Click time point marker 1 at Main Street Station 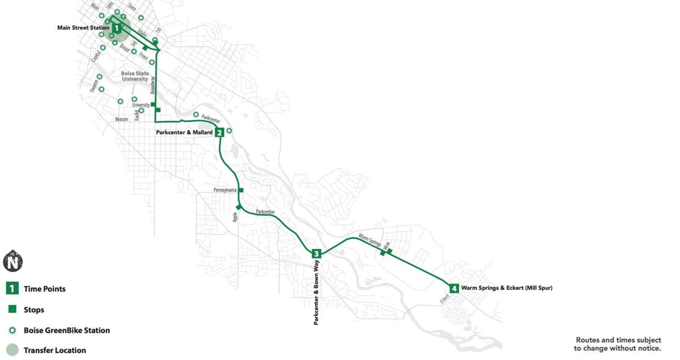point(116,27)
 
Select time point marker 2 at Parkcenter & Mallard point(219,133)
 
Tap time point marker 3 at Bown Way point(316,253)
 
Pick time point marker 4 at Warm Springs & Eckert point(454,289)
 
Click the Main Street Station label point(83,28)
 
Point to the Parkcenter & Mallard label point(184,133)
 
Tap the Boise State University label point(134,76)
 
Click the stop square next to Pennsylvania point(241,190)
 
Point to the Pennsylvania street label point(225,190)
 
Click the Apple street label point(234,216)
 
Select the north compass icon point(12,261)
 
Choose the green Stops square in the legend point(12,310)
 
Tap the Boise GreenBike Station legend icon point(12,330)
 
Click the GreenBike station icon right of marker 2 point(229,131)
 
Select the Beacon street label point(121,119)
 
